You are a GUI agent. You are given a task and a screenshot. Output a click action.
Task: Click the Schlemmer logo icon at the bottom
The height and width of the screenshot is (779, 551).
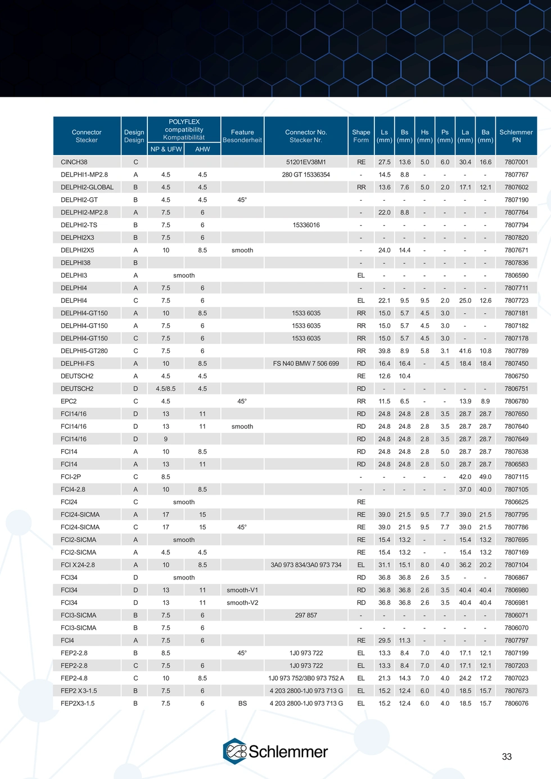point(235,751)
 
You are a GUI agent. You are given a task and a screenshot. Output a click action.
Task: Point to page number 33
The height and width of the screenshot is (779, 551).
point(507,757)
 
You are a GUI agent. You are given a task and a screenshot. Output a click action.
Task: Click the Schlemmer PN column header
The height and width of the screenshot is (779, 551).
point(516,136)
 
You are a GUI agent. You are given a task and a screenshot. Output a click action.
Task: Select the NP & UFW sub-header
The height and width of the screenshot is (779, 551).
point(166,149)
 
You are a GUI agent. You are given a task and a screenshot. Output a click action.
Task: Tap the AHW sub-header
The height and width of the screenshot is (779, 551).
point(202,149)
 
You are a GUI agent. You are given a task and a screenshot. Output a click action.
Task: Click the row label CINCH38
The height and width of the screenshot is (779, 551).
point(74,162)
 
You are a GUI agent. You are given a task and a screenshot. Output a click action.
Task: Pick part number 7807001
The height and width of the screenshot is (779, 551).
point(516,162)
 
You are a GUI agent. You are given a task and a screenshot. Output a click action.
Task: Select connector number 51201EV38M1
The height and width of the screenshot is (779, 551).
point(306,162)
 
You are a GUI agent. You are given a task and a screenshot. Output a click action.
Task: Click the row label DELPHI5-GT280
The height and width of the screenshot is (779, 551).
point(84,351)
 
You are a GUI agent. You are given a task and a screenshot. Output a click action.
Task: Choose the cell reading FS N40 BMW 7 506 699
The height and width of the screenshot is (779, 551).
point(306,363)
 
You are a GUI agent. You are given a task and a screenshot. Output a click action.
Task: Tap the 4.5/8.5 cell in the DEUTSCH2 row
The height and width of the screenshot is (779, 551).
point(166,388)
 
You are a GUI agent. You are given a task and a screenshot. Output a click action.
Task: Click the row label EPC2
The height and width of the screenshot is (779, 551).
point(69,401)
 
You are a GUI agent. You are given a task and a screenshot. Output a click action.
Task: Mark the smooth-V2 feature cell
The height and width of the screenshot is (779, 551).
point(242,603)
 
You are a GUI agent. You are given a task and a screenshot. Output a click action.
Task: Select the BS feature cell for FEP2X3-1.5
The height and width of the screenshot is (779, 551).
point(242,703)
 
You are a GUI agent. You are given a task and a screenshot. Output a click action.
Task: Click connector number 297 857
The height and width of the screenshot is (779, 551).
point(306,615)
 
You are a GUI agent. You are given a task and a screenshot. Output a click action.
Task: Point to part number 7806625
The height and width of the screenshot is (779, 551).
point(516,502)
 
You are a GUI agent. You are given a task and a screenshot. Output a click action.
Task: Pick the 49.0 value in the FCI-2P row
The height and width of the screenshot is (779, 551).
point(485,477)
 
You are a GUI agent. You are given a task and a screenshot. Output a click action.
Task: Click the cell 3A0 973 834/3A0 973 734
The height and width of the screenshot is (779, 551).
point(306,565)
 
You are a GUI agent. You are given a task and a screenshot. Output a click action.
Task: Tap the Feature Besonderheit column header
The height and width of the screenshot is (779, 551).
point(242,136)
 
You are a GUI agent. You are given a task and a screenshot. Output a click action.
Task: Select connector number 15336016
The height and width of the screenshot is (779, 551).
point(306,225)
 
